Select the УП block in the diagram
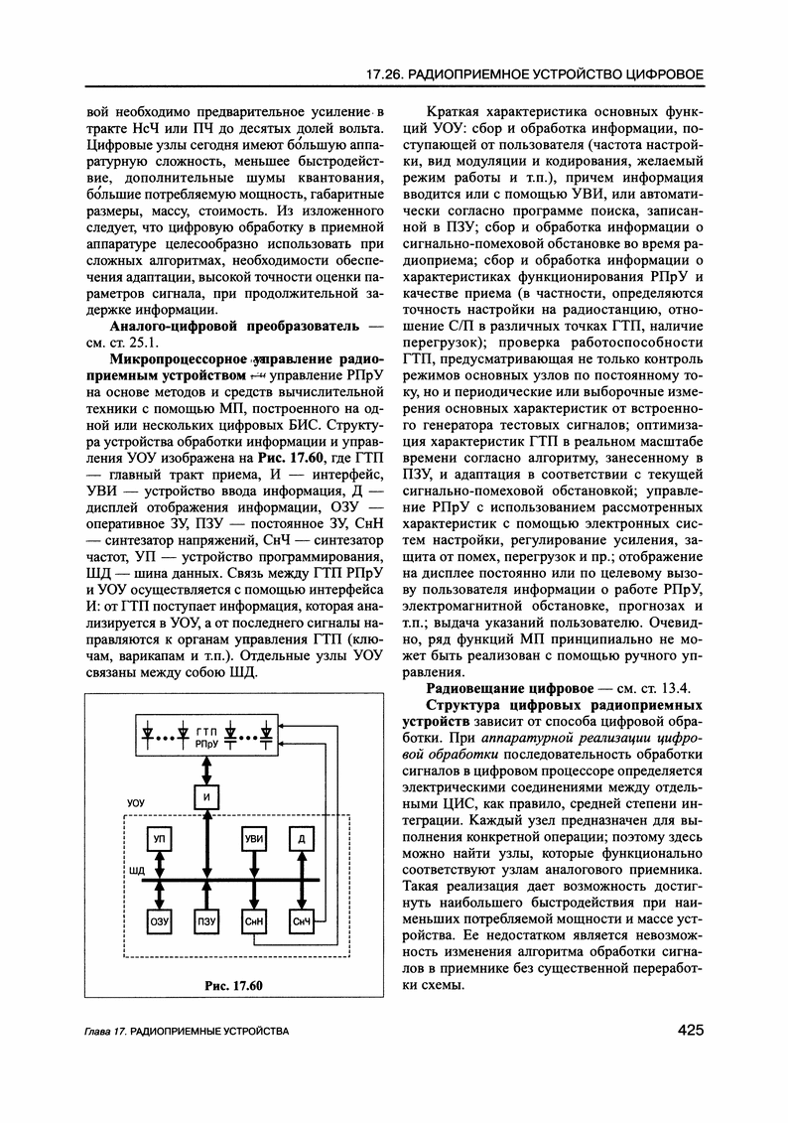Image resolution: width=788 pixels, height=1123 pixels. pos(159,840)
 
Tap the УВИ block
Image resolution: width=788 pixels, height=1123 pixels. pos(255,840)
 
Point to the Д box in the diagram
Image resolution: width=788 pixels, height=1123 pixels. pos(302,840)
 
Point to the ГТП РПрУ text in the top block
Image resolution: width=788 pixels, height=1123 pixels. pos(206,736)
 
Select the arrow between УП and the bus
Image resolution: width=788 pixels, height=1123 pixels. pos(159,868)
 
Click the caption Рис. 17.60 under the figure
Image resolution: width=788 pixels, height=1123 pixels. pos(232,985)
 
